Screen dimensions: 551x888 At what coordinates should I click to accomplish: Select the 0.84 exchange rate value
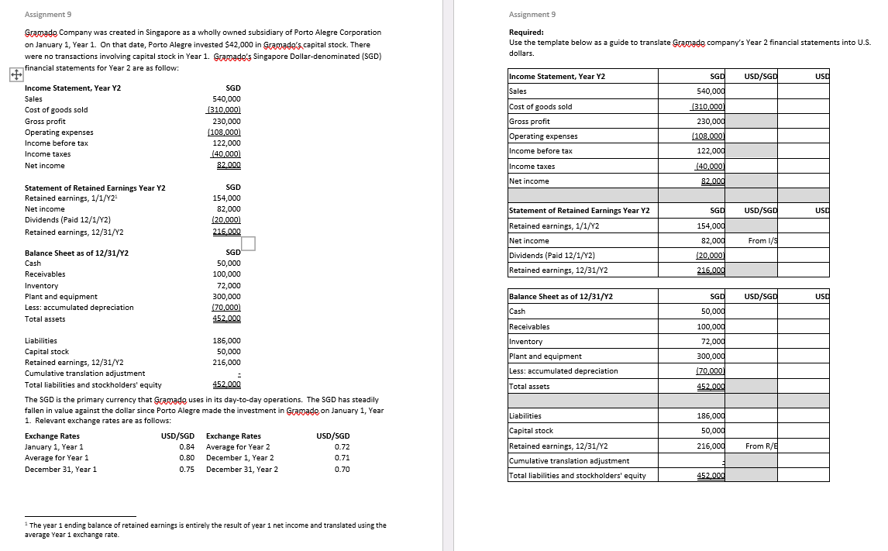tap(186, 446)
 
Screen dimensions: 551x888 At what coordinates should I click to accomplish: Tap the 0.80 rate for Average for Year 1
tap(186, 457)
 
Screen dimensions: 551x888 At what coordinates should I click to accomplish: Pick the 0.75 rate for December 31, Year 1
tap(186, 469)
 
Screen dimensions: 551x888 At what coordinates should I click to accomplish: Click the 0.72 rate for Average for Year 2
tap(342, 446)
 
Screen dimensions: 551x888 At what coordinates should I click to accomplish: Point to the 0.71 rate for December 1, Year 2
tap(342, 457)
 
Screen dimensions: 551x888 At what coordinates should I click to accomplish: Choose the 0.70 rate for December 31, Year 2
tap(342, 469)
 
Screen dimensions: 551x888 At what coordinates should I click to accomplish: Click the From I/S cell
tap(762, 241)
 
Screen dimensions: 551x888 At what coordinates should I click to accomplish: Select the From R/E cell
tap(761, 446)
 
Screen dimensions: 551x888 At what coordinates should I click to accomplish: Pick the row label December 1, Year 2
tap(239, 457)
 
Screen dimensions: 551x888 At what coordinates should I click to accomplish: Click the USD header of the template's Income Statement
tap(821, 76)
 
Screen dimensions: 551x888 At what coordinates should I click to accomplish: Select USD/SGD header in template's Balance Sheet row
tap(760, 296)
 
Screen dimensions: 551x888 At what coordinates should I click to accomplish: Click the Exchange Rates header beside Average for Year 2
tap(233, 436)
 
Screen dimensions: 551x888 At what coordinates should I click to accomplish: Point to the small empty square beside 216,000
tap(248, 243)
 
